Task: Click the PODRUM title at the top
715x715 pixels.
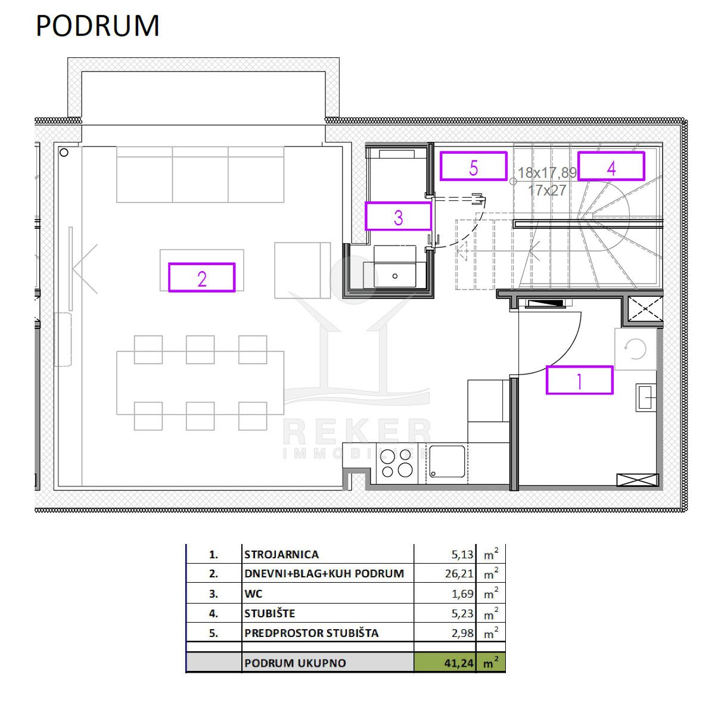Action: coord(98,26)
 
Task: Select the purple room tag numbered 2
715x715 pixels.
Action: coord(201,277)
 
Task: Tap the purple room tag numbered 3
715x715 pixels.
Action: coord(398,216)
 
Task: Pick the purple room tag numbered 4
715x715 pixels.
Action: coord(611,166)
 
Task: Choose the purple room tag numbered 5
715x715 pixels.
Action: coord(473,166)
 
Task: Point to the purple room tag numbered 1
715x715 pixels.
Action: coord(579,380)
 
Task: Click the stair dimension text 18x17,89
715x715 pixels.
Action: coord(547,173)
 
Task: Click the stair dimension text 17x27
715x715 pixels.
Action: coord(547,190)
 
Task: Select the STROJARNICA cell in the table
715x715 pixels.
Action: coord(281,554)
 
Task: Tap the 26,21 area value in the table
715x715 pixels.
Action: coord(459,574)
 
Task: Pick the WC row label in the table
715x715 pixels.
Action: coord(253,593)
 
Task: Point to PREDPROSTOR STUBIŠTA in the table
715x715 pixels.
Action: coord(311,633)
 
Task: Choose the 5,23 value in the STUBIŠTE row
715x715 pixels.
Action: coord(462,613)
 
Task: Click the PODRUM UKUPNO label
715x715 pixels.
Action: coord(295,663)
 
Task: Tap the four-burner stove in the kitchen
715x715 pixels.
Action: coord(397,464)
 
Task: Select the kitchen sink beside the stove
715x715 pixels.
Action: coord(447,461)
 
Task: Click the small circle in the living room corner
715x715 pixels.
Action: coord(64,153)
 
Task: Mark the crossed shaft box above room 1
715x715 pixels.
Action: coord(645,309)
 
